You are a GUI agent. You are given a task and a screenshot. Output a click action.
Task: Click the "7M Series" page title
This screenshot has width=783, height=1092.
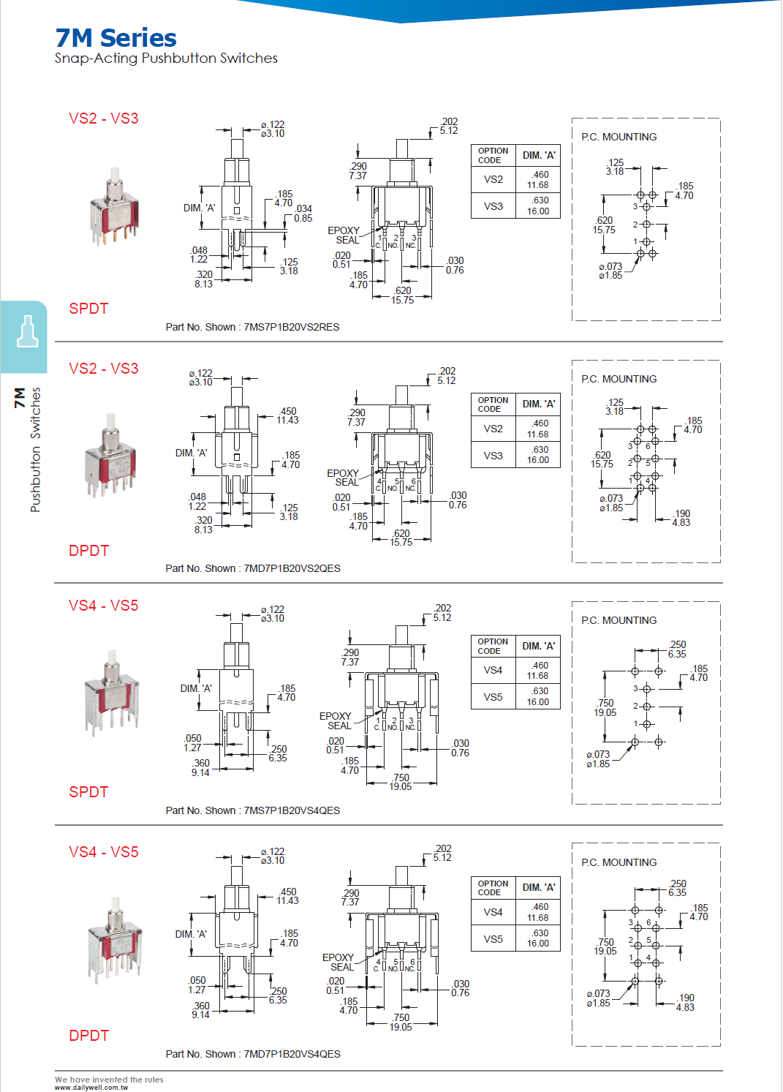pos(116,38)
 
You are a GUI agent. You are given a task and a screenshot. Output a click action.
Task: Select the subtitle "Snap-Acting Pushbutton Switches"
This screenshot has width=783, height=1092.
pos(166,59)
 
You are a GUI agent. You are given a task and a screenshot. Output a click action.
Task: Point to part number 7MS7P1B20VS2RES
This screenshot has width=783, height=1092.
pos(291,327)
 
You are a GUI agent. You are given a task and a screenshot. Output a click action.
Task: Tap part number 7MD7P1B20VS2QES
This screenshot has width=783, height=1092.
pos(292,568)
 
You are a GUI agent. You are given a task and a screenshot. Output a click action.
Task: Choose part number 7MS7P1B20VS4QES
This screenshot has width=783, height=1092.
pos(292,810)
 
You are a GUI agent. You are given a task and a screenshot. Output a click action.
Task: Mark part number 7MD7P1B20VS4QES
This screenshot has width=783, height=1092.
pos(292,1054)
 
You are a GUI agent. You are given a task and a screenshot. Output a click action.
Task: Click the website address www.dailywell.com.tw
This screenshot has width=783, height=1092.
pos(91,1088)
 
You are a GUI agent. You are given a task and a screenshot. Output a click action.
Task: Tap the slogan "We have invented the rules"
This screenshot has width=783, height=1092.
pos(109,1080)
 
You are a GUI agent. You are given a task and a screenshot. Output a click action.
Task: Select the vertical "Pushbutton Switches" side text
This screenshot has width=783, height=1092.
pos(35,449)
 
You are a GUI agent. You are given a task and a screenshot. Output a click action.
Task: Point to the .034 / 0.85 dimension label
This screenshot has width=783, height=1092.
pos(303,214)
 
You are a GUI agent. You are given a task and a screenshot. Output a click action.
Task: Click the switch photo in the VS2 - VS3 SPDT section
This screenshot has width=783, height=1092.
pos(113,208)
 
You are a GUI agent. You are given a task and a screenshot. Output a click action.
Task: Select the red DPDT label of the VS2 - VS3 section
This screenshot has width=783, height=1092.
pos(88,551)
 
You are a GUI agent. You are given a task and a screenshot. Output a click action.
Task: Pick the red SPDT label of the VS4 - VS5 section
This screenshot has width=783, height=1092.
pos(88,792)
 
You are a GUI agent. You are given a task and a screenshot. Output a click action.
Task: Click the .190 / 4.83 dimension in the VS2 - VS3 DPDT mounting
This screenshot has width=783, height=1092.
pos(681,518)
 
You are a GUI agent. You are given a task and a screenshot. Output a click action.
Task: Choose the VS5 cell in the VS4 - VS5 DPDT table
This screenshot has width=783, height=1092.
pos(493,939)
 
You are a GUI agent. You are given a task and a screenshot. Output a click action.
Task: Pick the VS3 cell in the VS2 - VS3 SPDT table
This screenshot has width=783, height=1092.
pos(493,206)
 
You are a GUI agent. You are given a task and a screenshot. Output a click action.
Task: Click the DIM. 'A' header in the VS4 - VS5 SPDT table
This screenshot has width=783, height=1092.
pos(538,646)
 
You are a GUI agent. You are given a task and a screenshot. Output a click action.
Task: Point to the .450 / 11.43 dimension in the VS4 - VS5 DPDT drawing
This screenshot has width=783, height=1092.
pos(288,896)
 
